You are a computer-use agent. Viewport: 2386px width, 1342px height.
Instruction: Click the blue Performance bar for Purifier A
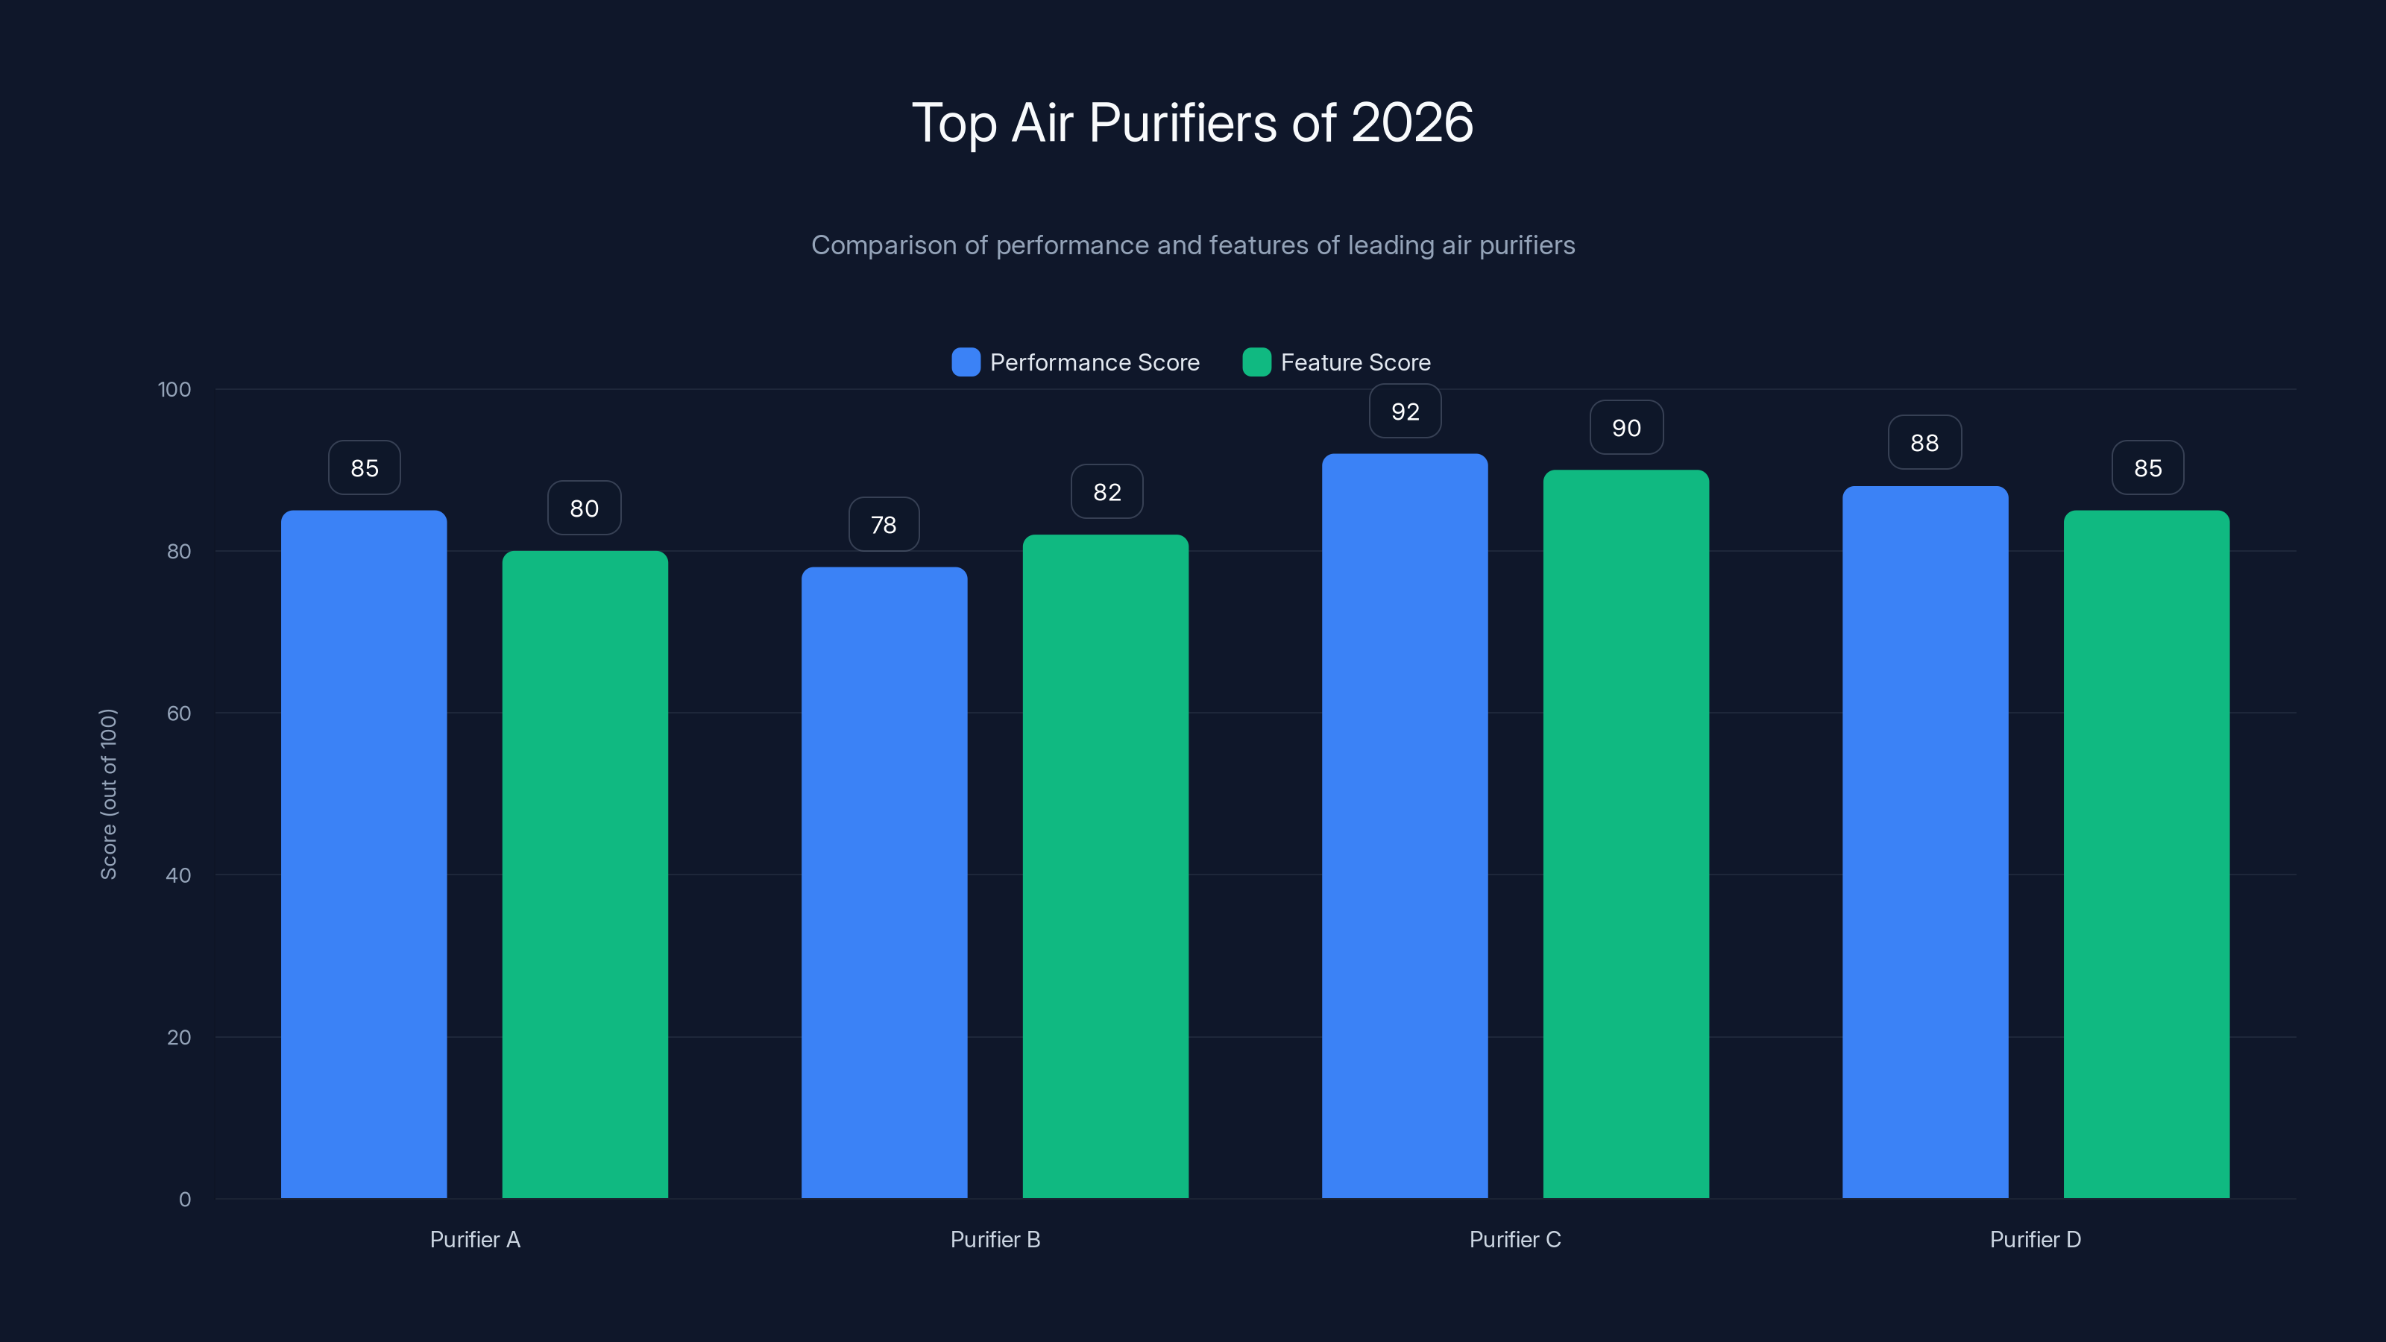click(364, 854)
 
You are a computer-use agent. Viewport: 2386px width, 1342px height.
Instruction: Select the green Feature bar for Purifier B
click(1105, 866)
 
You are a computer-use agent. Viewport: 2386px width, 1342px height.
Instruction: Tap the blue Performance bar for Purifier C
click(1404, 825)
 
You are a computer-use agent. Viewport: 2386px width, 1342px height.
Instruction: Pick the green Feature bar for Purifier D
click(2146, 854)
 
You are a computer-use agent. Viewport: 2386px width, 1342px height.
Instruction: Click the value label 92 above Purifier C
click(1405, 412)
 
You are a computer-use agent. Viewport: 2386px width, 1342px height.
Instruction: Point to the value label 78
click(884, 525)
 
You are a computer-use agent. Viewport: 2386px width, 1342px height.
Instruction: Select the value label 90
click(1626, 428)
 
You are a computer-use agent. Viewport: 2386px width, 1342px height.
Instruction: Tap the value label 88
click(1924, 443)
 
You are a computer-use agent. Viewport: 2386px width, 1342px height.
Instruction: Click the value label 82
click(1107, 492)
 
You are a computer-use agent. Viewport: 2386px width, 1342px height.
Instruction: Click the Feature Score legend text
click(1355, 362)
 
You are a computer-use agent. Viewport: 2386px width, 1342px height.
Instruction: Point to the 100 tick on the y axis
click(174, 389)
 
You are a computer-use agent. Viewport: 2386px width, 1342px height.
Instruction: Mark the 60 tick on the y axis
click(179, 713)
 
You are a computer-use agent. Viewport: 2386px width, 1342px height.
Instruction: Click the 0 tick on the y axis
click(184, 1200)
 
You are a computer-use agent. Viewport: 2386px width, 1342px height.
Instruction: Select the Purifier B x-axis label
click(995, 1239)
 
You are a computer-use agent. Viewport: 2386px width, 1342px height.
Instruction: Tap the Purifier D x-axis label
click(2035, 1239)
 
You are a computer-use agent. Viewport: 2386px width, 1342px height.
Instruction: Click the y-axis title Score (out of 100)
click(108, 794)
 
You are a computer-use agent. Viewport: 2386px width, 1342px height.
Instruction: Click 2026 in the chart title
click(1411, 122)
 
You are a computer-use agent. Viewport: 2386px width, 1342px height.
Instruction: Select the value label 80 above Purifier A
click(585, 508)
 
